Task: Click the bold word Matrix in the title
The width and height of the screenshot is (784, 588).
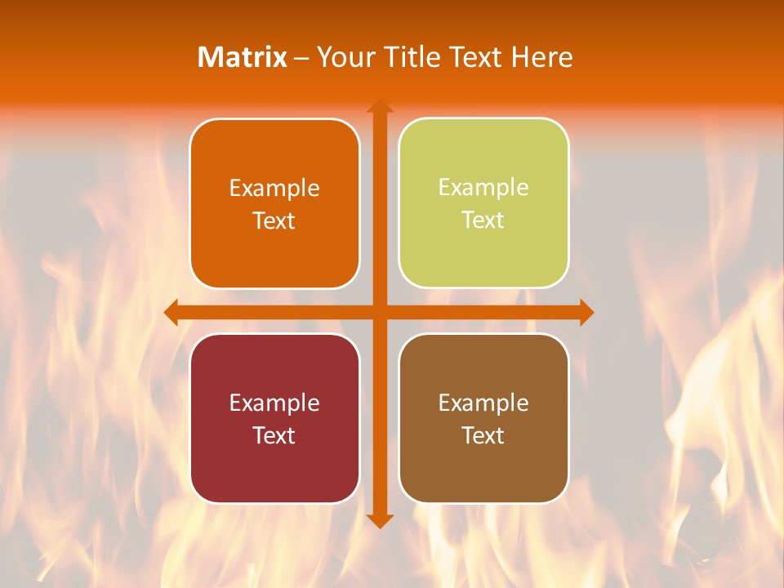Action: (x=243, y=57)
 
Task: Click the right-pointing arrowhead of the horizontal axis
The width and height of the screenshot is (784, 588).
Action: (x=586, y=312)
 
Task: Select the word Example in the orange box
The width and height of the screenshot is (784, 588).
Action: (x=274, y=189)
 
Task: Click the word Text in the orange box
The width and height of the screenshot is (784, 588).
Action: (x=274, y=221)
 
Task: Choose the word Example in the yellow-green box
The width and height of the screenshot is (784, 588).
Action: (x=483, y=188)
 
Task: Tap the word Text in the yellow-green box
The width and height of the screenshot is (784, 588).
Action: (x=483, y=220)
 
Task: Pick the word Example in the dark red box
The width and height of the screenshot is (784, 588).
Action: (x=274, y=403)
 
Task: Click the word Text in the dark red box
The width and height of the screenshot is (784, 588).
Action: (x=274, y=435)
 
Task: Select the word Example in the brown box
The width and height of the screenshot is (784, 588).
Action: (x=483, y=403)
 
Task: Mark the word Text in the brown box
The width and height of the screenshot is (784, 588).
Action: (x=483, y=435)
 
